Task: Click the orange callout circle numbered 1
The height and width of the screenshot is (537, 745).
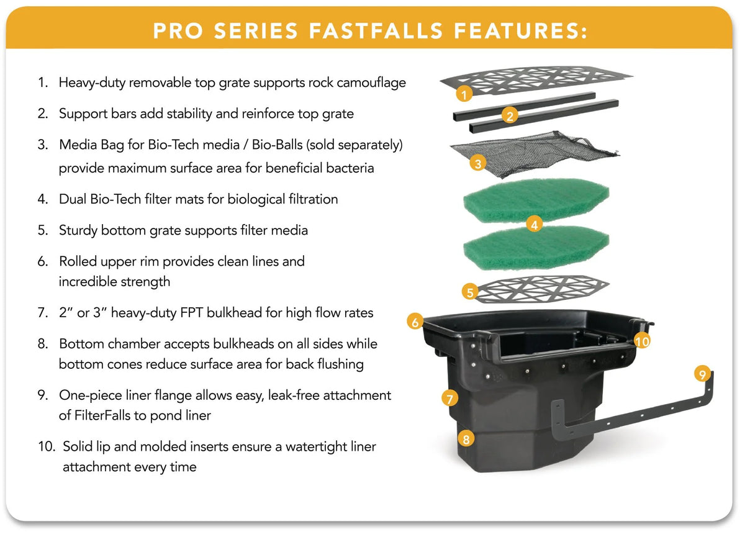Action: coord(464,94)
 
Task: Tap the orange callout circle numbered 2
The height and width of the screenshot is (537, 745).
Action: coord(510,115)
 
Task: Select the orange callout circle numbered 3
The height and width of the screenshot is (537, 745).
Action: coord(478,164)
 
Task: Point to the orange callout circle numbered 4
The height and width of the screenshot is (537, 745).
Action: coord(535,225)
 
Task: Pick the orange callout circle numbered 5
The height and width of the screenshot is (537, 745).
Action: coord(470,292)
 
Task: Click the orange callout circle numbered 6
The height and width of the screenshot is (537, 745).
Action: coord(415,322)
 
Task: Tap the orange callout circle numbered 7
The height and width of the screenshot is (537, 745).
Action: coord(449,399)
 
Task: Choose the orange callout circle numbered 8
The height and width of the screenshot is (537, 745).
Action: coord(466,439)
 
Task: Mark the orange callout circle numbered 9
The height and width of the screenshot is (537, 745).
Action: coord(702,374)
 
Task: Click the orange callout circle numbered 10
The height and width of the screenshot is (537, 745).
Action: coord(642,341)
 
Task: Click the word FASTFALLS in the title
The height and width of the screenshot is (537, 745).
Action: coord(376,31)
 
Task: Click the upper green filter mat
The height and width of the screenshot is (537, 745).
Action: coord(536,200)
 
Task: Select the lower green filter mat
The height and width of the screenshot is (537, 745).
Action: coord(536,249)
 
